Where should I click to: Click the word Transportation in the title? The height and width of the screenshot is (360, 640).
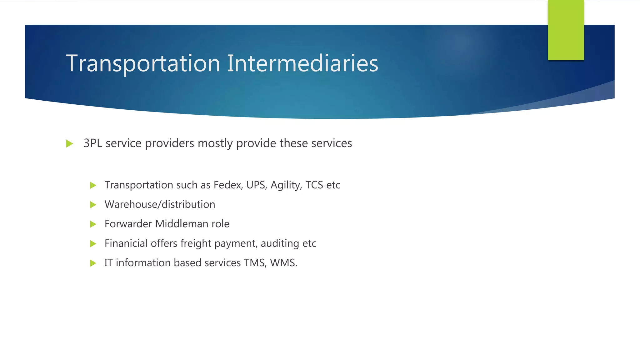tap(143, 63)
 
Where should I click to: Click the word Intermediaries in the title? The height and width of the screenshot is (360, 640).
tap(302, 63)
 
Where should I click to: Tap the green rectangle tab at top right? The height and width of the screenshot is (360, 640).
tap(566, 30)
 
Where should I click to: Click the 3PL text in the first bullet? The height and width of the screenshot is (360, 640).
tap(93, 143)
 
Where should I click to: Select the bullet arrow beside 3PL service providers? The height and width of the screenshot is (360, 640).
tap(70, 144)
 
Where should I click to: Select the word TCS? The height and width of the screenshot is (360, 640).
tap(314, 185)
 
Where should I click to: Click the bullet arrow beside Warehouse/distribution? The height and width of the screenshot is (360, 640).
tap(93, 205)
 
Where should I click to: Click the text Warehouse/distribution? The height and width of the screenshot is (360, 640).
tap(160, 204)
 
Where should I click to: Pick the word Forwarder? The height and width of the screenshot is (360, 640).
tap(128, 224)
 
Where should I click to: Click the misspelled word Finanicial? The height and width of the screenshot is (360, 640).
tap(126, 243)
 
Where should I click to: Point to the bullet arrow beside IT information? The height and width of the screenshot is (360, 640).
tap(93, 263)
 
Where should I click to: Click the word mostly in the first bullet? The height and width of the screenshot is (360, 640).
tap(215, 143)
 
